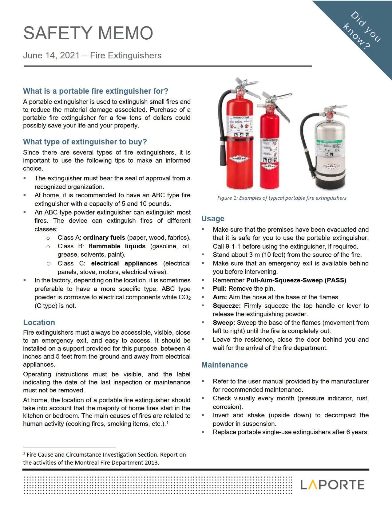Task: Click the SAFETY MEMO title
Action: (88, 33)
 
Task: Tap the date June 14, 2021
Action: (51, 56)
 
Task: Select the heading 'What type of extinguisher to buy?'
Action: (85, 142)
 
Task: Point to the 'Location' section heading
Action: (39, 322)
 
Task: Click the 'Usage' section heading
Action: (213, 218)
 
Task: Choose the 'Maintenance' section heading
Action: (224, 365)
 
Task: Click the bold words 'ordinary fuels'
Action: (104, 238)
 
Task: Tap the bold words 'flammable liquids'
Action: (117, 246)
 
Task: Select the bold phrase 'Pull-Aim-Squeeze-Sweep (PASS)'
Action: (296, 280)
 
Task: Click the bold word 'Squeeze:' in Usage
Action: (226, 306)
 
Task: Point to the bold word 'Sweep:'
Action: (224, 323)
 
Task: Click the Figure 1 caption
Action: (282, 198)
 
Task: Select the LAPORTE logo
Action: (332, 485)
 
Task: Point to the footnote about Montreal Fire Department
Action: (104, 458)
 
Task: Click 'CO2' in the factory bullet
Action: (184, 297)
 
